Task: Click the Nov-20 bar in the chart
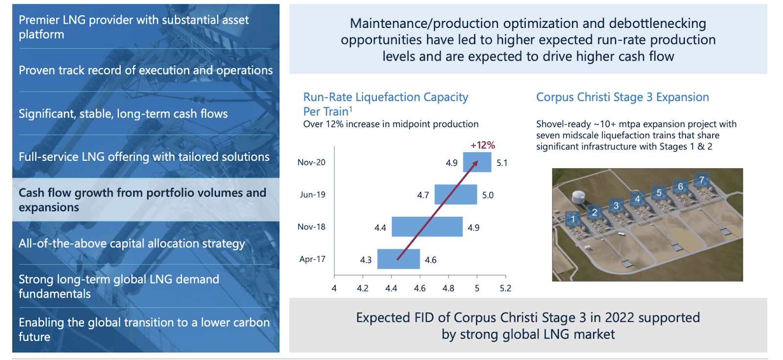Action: pyautogui.click(x=477, y=162)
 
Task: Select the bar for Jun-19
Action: pyautogui.click(x=456, y=195)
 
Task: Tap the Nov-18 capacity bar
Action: pyautogui.click(x=427, y=227)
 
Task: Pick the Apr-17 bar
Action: pyautogui.click(x=399, y=259)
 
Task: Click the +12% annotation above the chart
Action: pyautogui.click(x=483, y=145)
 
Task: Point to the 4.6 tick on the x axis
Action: pyautogui.click(x=419, y=289)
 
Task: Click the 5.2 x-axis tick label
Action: pyautogui.click(x=506, y=289)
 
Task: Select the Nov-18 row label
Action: pyautogui.click(x=311, y=227)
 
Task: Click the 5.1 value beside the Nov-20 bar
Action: pyautogui.click(x=502, y=163)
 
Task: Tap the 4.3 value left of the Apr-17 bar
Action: pyautogui.click(x=366, y=260)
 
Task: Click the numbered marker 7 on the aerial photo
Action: pyautogui.click(x=702, y=180)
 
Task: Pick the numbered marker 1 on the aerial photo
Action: pyautogui.click(x=573, y=219)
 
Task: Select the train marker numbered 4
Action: pyautogui.click(x=637, y=199)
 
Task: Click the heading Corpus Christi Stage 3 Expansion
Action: pyautogui.click(x=622, y=97)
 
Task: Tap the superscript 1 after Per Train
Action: pyautogui.click(x=350, y=109)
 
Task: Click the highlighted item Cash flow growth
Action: pyautogui.click(x=142, y=200)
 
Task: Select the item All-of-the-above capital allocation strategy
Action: pyautogui.click(x=132, y=244)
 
